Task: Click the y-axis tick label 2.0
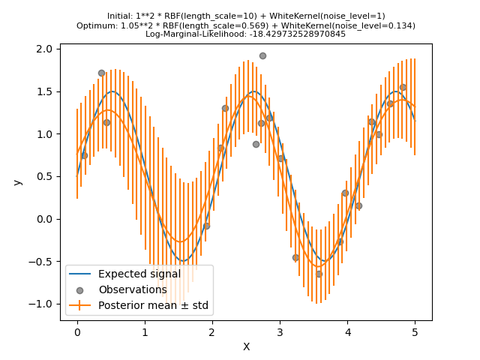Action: click(46, 49)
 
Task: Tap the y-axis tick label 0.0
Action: click(46, 219)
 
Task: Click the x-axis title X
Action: click(246, 346)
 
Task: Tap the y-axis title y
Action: click(17, 182)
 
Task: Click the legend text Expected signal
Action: click(139, 274)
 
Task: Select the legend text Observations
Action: click(133, 289)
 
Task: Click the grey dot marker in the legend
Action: click(81, 289)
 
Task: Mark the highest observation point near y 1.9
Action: click(262, 55)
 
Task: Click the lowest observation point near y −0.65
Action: click(319, 274)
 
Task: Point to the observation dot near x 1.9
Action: click(206, 226)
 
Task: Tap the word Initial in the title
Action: click(119, 16)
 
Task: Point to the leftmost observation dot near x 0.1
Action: click(84, 155)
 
